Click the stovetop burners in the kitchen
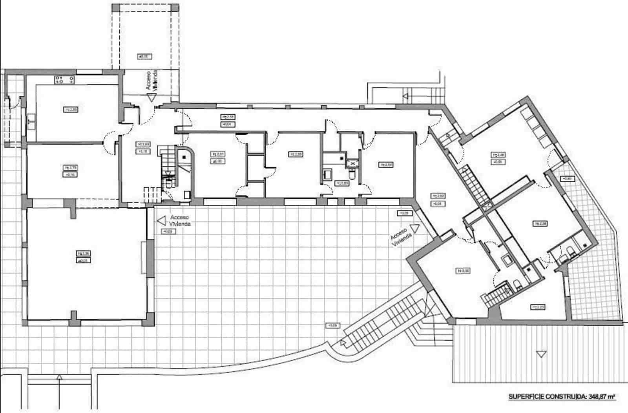(65, 80)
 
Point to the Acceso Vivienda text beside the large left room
(180, 220)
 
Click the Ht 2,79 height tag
(71, 168)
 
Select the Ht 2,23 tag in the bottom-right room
(537, 307)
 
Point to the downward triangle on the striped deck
(542, 354)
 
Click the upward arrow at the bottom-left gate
(59, 377)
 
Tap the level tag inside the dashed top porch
(144, 57)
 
